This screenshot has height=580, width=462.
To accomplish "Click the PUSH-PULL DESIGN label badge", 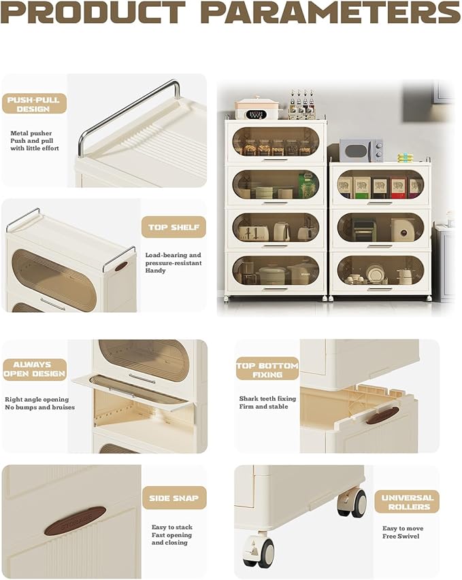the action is (x=34, y=103).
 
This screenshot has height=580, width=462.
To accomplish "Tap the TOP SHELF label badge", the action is (x=174, y=226).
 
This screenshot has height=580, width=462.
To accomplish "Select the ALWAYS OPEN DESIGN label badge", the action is (x=35, y=369).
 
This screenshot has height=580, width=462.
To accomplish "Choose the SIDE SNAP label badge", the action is (x=174, y=498).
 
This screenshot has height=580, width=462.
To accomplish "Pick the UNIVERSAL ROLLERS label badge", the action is (x=407, y=502).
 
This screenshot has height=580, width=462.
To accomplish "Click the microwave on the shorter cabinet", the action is (x=361, y=150).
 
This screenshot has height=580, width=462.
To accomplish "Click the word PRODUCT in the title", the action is (x=93, y=12).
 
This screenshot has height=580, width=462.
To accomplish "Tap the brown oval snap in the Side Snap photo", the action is (x=75, y=521).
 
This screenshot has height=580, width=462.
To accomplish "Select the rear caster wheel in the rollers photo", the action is (x=353, y=501).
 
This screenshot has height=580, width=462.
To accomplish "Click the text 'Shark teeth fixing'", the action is (x=267, y=398).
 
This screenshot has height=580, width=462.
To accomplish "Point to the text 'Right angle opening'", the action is (x=37, y=400).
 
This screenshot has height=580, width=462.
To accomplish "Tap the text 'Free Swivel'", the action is (x=401, y=536).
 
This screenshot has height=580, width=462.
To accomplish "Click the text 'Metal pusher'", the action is (x=31, y=133).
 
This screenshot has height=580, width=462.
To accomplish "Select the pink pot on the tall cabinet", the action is (x=257, y=108).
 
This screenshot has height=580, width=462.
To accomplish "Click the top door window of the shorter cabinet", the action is (x=380, y=184).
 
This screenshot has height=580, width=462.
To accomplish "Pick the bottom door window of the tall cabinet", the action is (x=276, y=271).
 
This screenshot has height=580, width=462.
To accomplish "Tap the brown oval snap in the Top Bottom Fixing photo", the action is (x=383, y=415).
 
